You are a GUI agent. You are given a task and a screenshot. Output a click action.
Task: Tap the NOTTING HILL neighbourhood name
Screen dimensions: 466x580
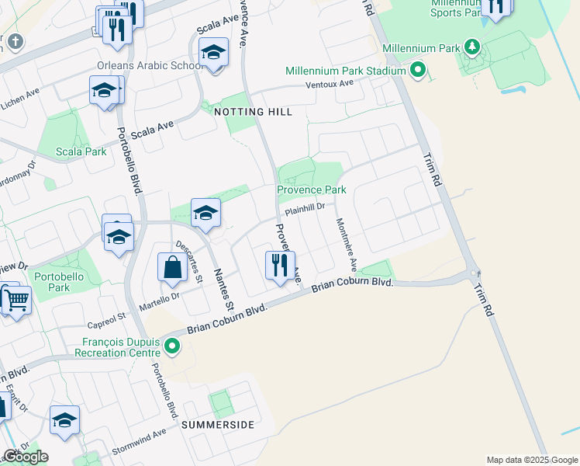[x=253, y=112]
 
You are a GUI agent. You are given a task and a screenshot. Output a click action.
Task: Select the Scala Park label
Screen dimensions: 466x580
[x=82, y=151]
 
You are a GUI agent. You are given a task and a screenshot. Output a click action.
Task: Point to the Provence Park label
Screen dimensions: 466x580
[x=312, y=190]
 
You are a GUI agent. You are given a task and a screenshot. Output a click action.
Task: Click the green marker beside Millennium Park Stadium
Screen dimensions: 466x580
[x=418, y=71]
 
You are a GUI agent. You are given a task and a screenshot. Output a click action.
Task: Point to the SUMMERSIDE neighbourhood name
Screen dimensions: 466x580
[x=218, y=425]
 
